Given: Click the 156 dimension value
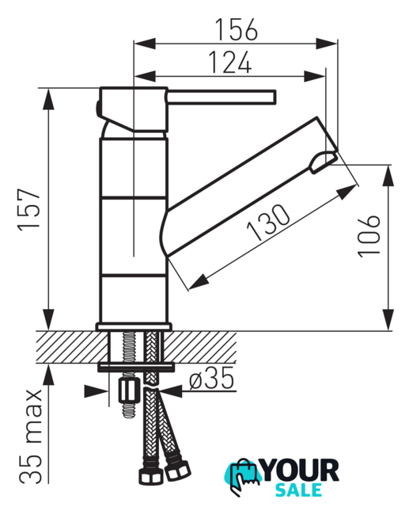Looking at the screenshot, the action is pyautogui.click(x=237, y=29).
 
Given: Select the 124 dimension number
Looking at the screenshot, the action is pyautogui.click(x=230, y=62).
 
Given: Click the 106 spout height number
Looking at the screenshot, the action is pyautogui.click(x=369, y=236).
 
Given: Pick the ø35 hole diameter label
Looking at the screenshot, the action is pyautogui.click(x=211, y=379).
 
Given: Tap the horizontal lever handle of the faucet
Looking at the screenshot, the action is pyautogui.click(x=222, y=97).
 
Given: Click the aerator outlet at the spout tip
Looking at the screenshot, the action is pyautogui.click(x=324, y=162).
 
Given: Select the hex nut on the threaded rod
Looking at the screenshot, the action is pyautogui.click(x=128, y=391).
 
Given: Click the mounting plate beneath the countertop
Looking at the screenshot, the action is pyautogui.click(x=136, y=366).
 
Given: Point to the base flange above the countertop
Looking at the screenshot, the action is pyautogui.click(x=134, y=326).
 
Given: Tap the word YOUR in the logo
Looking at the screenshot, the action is pyautogui.click(x=301, y=471).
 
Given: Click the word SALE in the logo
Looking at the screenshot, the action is pyautogui.click(x=298, y=490).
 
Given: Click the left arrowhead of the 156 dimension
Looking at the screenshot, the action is pyautogui.click(x=145, y=44).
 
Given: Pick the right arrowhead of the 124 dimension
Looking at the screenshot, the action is pyautogui.click(x=314, y=77).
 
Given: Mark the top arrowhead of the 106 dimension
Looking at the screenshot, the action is pyautogui.click(x=388, y=176).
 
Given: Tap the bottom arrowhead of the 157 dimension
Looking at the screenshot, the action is pyautogui.click(x=48, y=319).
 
